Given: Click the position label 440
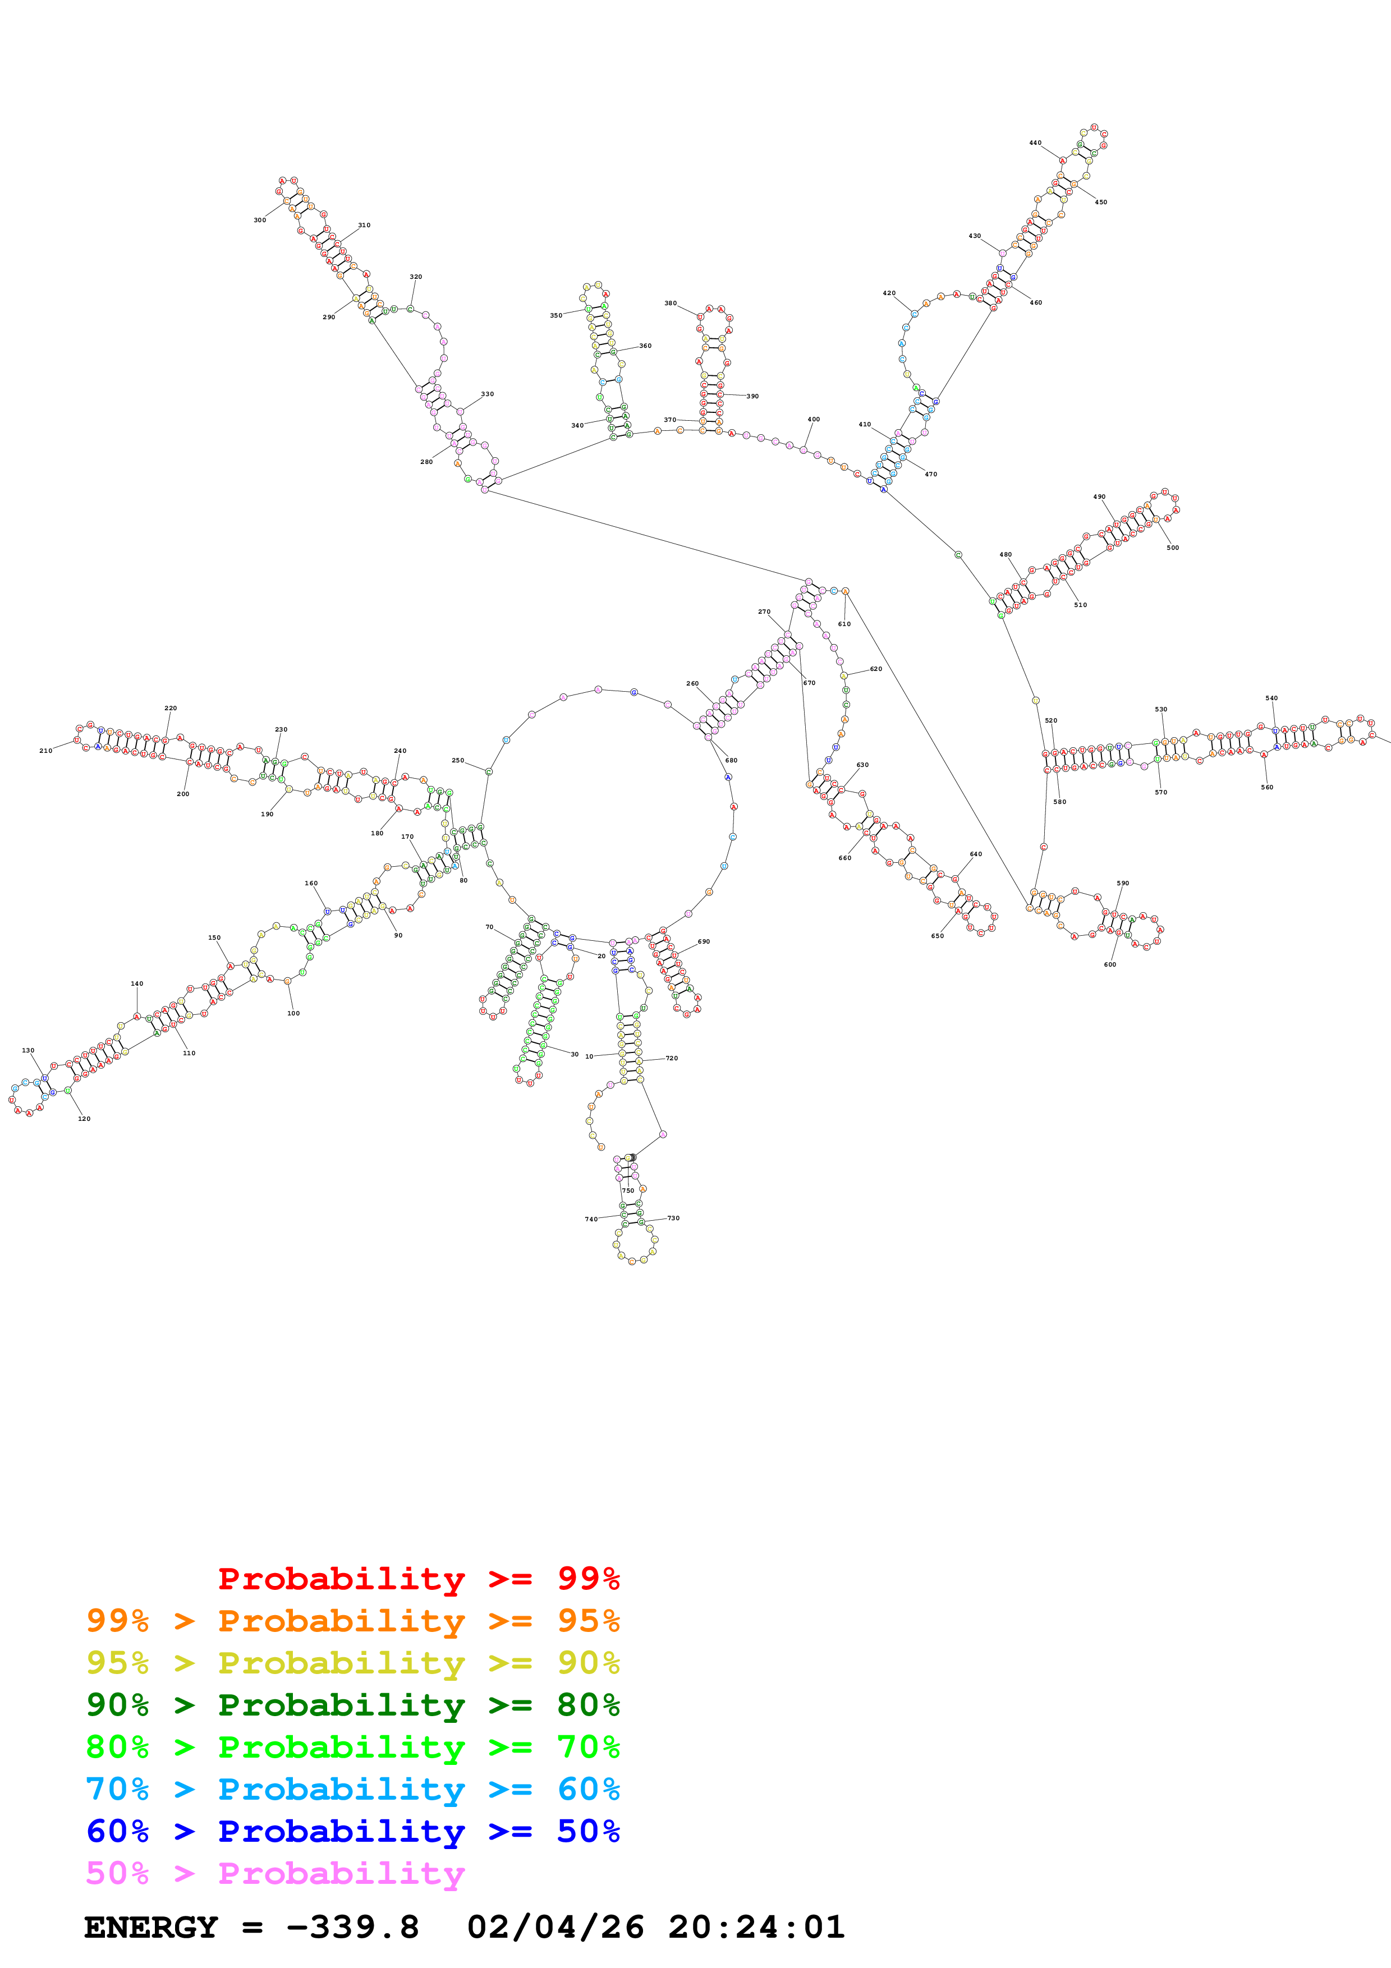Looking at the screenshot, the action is (1035, 143).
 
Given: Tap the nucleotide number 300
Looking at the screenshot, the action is (260, 220).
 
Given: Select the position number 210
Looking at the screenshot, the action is (45, 751).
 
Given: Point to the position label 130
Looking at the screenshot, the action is (28, 1050).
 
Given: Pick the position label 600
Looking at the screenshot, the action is (1110, 965).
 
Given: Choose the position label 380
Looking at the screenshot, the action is (670, 304).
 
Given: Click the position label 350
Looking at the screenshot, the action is (556, 315).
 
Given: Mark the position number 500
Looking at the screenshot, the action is (1173, 548).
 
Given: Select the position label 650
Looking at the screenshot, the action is (938, 936).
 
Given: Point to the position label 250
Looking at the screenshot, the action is (458, 760).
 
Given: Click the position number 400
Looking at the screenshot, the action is (814, 419).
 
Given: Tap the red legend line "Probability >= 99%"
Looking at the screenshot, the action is (418, 1579).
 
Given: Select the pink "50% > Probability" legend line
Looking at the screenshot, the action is (275, 1874).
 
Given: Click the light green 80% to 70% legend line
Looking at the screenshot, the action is (352, 1748).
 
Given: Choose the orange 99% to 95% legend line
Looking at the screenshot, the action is (352, 1621).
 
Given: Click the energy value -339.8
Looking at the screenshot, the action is (352, 1928).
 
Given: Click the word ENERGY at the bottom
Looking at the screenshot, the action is (151, 1928).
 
